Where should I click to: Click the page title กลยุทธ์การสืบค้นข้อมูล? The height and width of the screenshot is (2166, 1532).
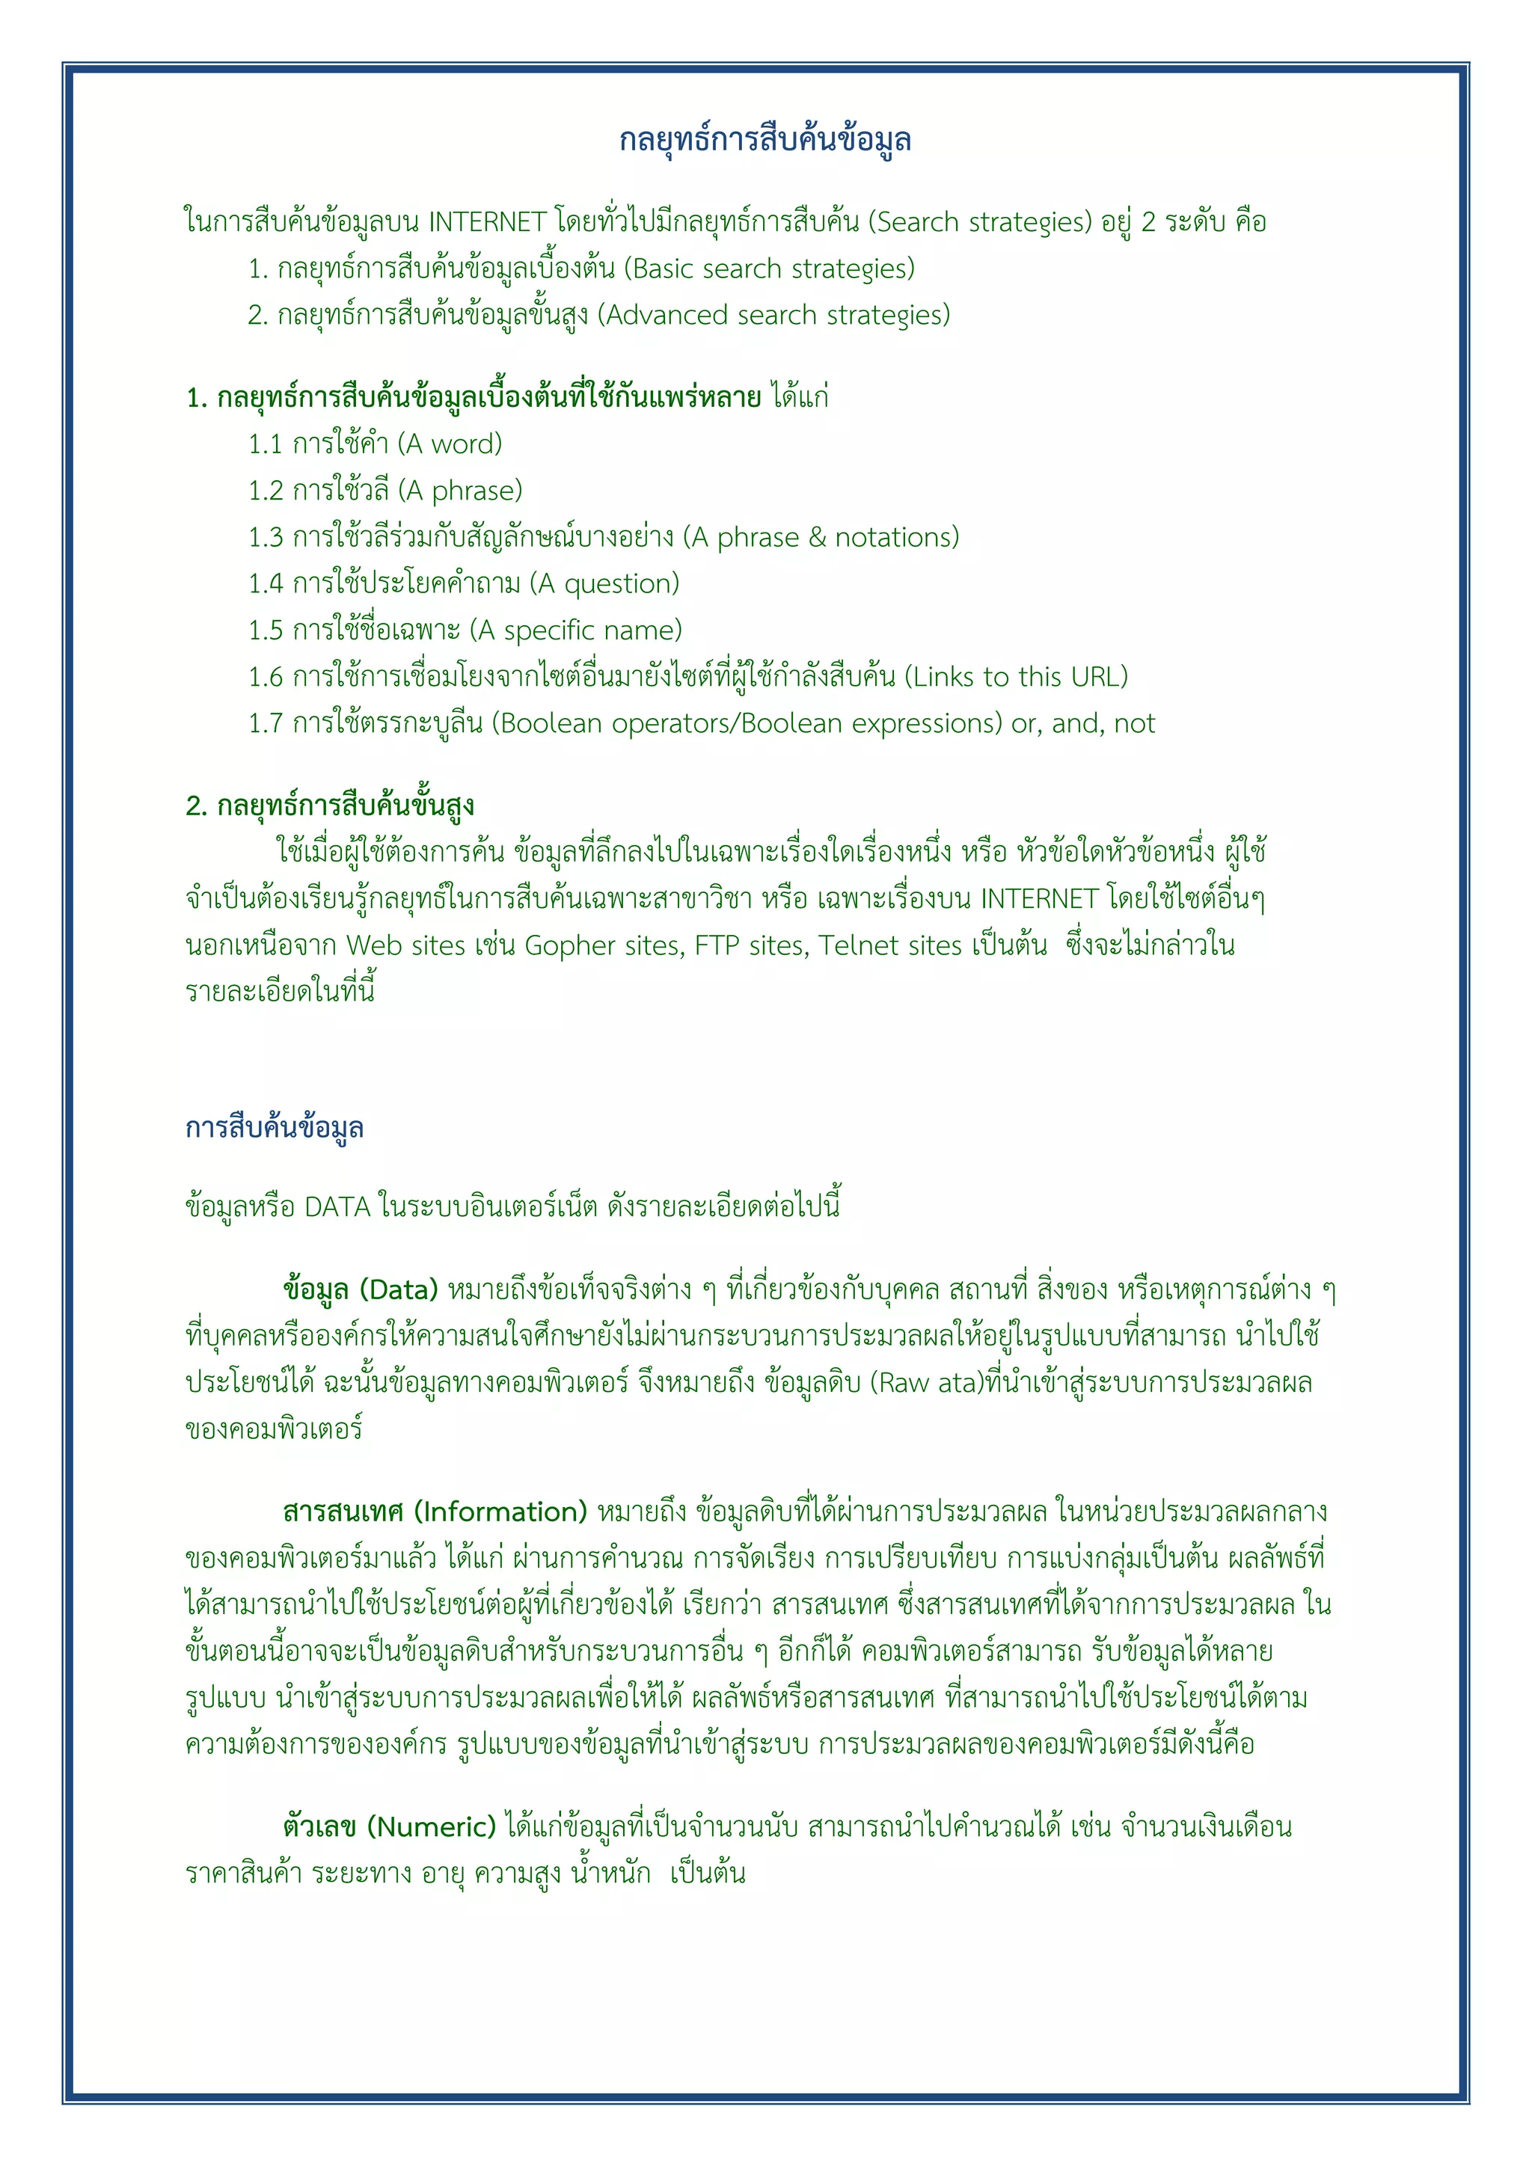[765, 140]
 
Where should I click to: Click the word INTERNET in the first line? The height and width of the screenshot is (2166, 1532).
[487, 223]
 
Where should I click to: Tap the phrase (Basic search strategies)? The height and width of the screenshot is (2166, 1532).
[770, 269]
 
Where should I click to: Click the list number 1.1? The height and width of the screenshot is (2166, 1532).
[265, 444]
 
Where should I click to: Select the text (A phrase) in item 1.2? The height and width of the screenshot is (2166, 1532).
[459, 491]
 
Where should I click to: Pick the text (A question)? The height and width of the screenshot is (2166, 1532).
[604, 584]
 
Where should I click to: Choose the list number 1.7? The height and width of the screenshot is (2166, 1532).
[265, 723]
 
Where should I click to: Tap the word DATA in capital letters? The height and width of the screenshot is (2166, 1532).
[337, 1207]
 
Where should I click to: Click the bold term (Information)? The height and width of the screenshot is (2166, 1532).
[501, 1512]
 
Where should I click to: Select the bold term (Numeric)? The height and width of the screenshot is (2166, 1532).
[431, 1827]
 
